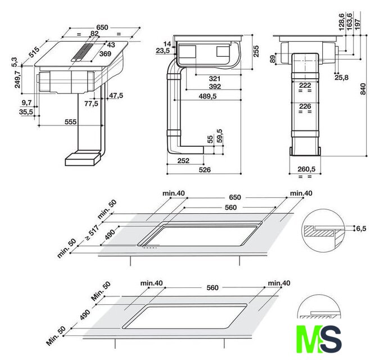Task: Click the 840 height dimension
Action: tap(363, 89)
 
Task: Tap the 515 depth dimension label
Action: tap(34, 52)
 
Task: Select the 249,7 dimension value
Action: tap(17, 79)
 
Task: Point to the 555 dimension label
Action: tap(71, 122)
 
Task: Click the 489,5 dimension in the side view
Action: tap(207, 96)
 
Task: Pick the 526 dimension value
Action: tap(205, 170)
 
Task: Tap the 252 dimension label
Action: tap(183, 160)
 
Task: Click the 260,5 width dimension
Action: tap(306, 169)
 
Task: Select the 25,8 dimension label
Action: tap(341, 78)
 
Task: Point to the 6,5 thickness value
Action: tap(361, 228)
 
